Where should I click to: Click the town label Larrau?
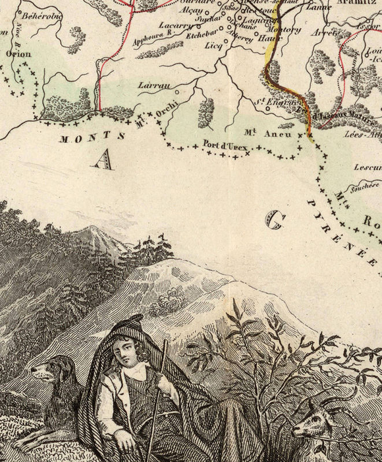(153, 85)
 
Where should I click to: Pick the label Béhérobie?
(40, 16)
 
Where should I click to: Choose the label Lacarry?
(172, 26)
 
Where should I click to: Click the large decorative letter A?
(103, 159)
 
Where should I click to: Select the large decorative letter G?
(276, 220)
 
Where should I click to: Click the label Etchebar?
(199, 33)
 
